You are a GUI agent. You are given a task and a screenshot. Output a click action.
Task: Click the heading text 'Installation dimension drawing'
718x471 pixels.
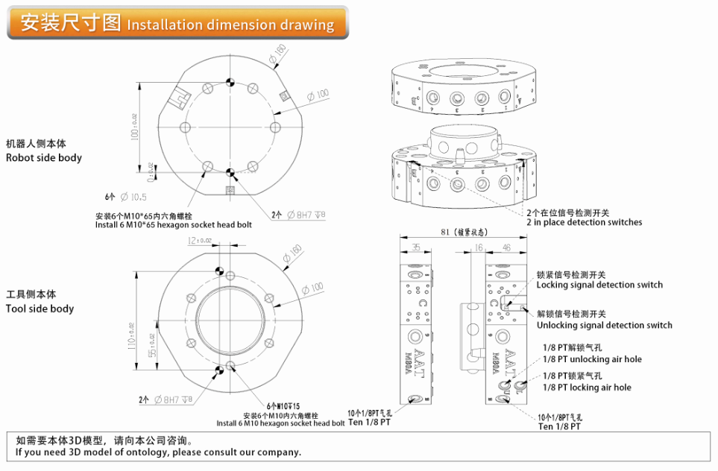click(x=230, y=25)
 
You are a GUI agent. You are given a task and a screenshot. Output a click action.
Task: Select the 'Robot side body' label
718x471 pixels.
click(x=44, y=158)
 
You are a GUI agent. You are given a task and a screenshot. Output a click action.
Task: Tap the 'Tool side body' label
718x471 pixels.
click(x=40, y=309)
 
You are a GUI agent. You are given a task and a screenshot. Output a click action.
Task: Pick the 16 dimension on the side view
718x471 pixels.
click(x=478, y=247)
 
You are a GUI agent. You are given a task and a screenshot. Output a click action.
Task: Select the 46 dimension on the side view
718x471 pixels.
click(x=506, y=247)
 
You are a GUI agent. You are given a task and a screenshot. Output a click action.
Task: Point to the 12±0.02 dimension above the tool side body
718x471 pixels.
click(x=200, y=241)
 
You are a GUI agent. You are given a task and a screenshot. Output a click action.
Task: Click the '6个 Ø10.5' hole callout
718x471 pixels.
click(x=126, y=197)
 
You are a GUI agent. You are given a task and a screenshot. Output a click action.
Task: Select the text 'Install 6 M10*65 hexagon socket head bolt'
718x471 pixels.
click(x=174, y=224)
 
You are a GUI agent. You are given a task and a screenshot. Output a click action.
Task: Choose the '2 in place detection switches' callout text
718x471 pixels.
click(x=584, y=222)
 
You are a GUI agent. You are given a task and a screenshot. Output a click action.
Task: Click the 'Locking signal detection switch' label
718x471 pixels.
click(x=599, y=285)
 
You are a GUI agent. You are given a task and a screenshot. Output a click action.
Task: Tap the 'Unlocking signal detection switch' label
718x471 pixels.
click(x=604, y=325)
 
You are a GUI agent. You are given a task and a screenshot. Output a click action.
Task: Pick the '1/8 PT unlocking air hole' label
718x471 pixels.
click(x=592, y=359)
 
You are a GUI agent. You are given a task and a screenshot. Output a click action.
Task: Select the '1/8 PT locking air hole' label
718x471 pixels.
click(x=587, y=388)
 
